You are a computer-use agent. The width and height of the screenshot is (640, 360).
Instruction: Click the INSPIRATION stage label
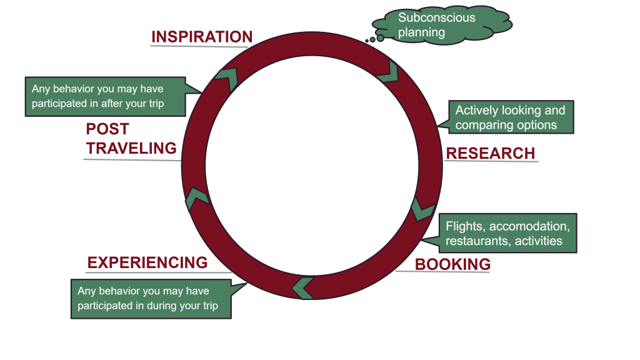[201, 37]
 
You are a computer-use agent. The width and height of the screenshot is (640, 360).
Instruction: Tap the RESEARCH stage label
[490, 154]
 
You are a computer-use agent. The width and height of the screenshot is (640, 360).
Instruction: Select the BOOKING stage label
[452, 264]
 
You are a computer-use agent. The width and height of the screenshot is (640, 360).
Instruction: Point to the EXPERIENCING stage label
[147, 262]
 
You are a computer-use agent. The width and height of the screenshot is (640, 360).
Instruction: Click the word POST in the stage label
[107, 129]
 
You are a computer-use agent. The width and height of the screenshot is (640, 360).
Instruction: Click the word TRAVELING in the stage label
[131, 148]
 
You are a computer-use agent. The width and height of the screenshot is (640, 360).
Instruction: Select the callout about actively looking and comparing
[510, 117]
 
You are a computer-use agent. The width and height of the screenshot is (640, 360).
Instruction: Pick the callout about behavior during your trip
[151, 299]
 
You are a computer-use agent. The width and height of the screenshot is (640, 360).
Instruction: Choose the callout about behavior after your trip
[105, 96]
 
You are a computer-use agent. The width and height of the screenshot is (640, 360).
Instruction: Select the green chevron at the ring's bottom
[303, 287]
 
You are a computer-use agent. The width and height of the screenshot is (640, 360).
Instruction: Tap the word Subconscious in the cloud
[436, 17]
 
